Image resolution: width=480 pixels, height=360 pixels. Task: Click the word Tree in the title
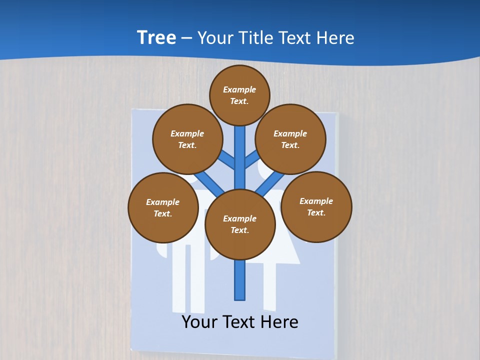tap(156, 37)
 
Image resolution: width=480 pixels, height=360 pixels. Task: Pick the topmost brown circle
tap(239, 95)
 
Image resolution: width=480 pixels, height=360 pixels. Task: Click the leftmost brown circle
tap(162, 207)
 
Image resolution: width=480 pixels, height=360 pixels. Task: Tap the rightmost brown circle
tap(316, 206)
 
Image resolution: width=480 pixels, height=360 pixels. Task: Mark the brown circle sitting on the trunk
tap(240, 224)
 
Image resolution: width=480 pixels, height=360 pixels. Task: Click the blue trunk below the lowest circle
tap(240, 280)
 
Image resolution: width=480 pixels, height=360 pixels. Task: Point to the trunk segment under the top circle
tap(240, 150)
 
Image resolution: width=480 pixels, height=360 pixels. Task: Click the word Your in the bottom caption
tap(199, 322)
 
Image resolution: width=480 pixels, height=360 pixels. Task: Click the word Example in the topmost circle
tap(239, 89)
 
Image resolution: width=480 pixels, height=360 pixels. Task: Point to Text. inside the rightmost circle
tap(316, 212)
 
